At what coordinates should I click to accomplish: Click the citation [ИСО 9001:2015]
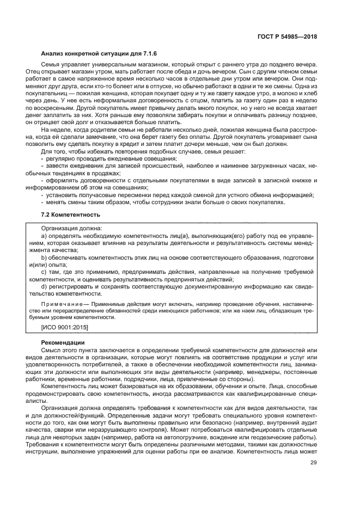[65, 328]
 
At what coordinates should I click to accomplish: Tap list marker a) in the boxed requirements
[45, 236]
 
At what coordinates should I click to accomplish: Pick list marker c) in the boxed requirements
[45, 271]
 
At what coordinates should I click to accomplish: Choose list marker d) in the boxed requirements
[45, 285]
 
